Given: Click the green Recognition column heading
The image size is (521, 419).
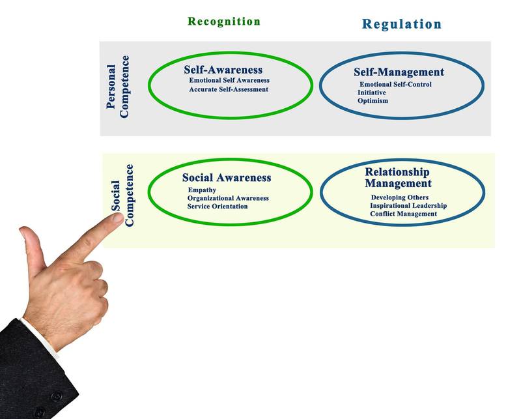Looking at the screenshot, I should pos(224,22).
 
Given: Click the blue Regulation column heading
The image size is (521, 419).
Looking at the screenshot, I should pos(402,25).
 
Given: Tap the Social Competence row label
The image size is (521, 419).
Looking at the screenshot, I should pos(122,195).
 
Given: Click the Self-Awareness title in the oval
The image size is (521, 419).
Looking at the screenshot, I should pos(223,70).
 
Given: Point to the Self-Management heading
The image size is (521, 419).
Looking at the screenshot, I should pos(399,72).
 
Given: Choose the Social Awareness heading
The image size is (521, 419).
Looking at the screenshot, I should pos(227,178).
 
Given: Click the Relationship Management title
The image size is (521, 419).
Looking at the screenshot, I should pos(397,178).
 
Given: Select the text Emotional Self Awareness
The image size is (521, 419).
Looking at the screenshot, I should pos(229,80).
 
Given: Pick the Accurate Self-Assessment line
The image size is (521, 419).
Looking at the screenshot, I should pos(229,89).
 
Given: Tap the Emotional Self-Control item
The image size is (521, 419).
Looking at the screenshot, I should pos(395,84).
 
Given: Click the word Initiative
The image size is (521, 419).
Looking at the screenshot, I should pos(371,93).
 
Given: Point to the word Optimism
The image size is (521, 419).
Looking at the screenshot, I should pos(373,101).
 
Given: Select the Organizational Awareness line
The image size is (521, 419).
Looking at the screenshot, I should pos(228,198).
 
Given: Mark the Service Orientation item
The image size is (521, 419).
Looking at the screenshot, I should pos(218,207).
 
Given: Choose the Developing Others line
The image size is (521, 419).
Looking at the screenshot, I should pos(400,197).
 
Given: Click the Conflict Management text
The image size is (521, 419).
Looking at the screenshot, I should pos(403,214).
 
